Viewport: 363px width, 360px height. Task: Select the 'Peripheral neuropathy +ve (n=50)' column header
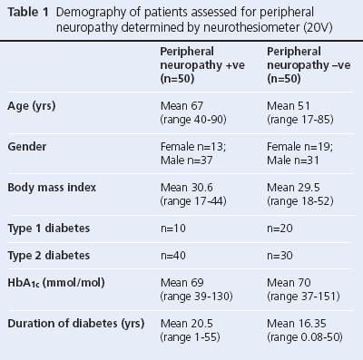193,64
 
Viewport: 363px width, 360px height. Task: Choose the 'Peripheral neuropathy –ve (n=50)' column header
300,64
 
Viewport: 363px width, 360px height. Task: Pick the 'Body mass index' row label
52,185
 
